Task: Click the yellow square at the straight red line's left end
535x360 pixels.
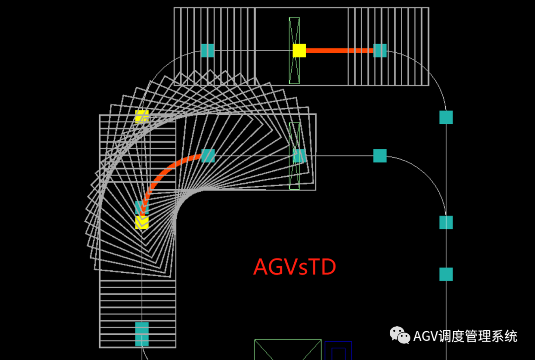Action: point(299,51)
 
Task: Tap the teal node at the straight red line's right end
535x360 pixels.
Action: point(380,51)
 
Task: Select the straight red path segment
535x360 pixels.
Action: point(339,51)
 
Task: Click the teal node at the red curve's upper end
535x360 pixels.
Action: point(208,156)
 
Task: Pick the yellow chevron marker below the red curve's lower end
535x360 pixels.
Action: point(142,222)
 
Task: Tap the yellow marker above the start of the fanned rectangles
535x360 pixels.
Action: point(142,116)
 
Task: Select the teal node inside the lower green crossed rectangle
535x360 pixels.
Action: point(299,156)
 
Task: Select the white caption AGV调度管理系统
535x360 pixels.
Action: point(465,336)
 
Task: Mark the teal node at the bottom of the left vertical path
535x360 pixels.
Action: point(142,334)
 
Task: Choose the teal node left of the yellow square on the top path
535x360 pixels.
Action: point(208,51)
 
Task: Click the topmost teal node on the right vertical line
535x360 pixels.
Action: point(446,117)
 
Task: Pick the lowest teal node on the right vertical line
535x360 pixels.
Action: point(446,274)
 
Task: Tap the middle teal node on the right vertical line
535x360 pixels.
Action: point(446,222)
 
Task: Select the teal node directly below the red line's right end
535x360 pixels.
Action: point(380,156)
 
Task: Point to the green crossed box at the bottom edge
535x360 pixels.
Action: point(287,350)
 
